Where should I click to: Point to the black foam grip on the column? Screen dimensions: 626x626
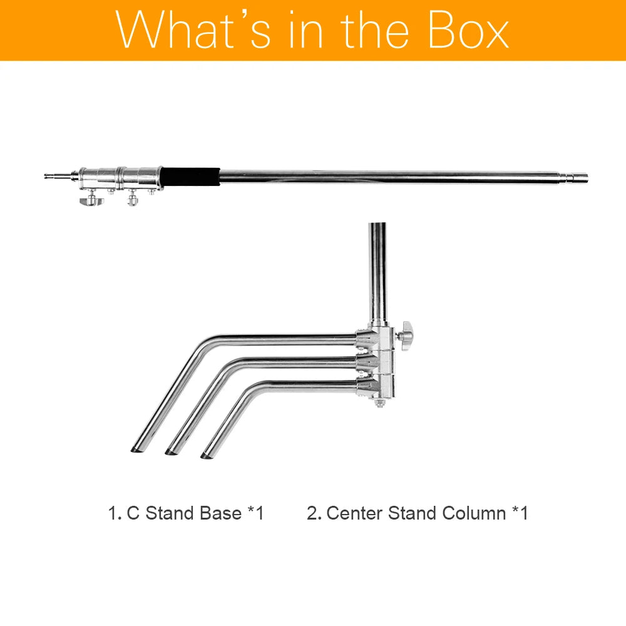(x=191, y=177)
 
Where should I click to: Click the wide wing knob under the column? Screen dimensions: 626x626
(x=88, y=201)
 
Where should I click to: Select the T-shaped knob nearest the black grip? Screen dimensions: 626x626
(x=132, y=200)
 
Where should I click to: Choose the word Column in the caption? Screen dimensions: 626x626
(x=475, y=513)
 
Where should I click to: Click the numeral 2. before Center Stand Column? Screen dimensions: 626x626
(x=314, y=513)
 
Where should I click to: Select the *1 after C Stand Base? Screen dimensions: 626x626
(x=255, y=513)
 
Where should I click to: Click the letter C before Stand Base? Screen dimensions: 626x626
(x=133, y=513)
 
